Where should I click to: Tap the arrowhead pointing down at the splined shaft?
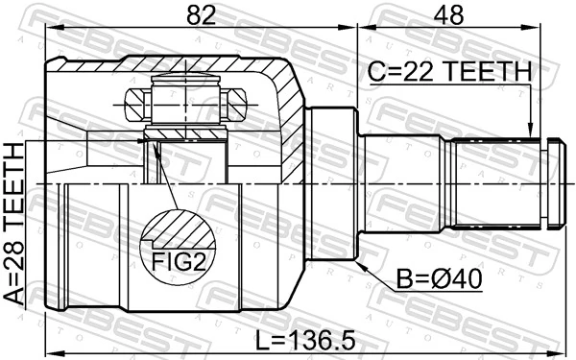[x=529, y=131]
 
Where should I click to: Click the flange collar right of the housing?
[x=331, y=182]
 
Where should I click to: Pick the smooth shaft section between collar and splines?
[x=403, y=182]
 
